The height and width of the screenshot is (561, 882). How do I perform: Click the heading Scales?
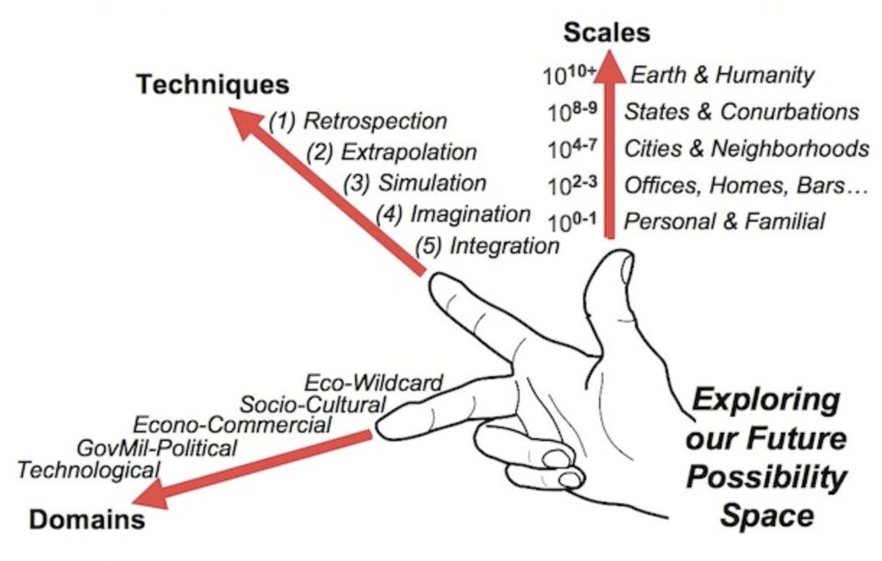(x=606, y=33)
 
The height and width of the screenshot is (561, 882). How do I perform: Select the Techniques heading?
(x=212, y=85)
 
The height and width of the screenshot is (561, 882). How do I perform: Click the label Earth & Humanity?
(x=723, y=74)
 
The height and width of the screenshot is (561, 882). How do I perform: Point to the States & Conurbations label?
(x=741, y=111)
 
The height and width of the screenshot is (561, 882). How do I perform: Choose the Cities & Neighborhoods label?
(x=745, y=148)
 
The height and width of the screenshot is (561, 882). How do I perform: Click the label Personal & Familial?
(x=724, y=221)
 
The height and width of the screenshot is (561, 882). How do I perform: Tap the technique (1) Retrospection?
(x=357, y=120)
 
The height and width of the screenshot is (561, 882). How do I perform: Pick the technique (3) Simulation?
(x=415, y=182)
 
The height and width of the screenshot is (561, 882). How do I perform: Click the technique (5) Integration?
(x=487, y=245)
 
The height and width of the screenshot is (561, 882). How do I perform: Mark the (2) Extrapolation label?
(x=392, y=151)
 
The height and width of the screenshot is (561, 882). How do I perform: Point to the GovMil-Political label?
(x=157, y=447)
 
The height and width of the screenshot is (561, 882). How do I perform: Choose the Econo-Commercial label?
(x=232, y=425)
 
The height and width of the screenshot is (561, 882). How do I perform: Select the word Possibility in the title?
(x=765, y=478)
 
